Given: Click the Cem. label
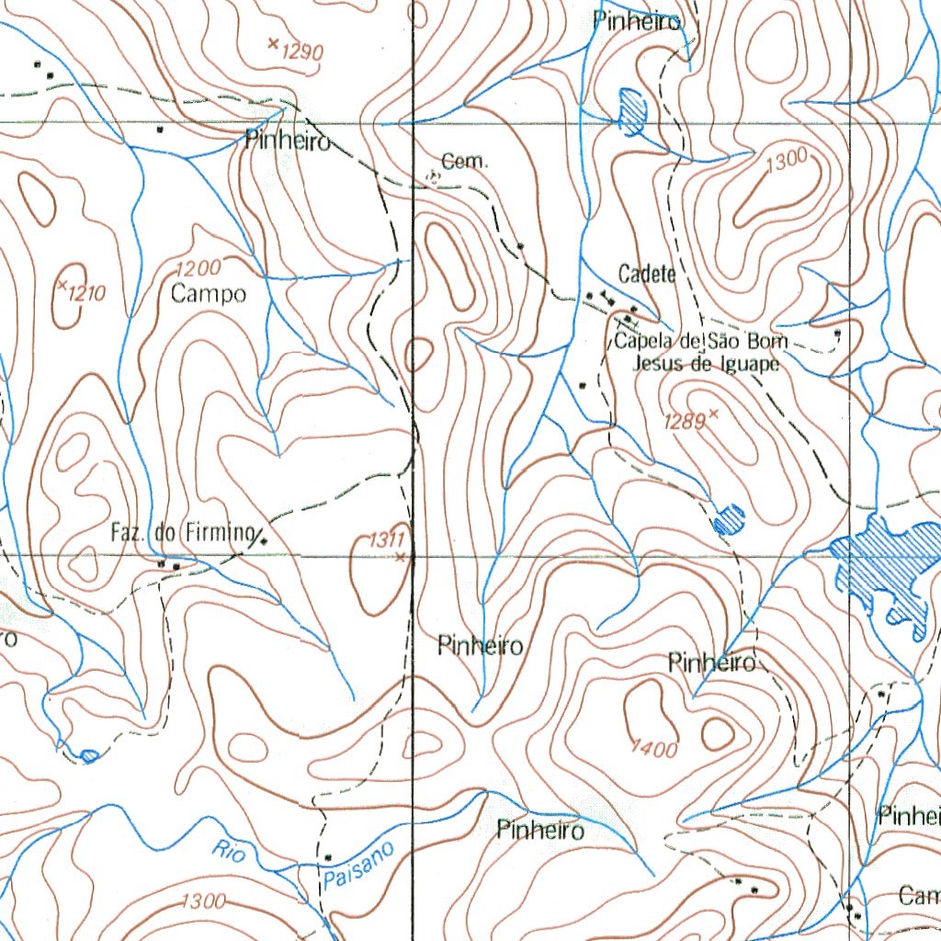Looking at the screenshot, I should point(465,163).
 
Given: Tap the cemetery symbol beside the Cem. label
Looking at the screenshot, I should point(433,176).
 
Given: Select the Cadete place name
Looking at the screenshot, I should point(647,274).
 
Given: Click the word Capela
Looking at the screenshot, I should point(642,342).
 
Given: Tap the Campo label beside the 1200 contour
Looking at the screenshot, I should point(209,294).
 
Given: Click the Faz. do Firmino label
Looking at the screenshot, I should point(181,531).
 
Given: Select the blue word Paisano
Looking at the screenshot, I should point(358,866).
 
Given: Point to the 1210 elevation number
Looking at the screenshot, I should point(87,294).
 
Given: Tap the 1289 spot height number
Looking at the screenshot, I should point(685,421).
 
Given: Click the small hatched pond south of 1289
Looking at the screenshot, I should point(731,520).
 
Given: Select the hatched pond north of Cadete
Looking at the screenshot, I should point(631,109).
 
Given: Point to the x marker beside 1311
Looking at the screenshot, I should point(400,557).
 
